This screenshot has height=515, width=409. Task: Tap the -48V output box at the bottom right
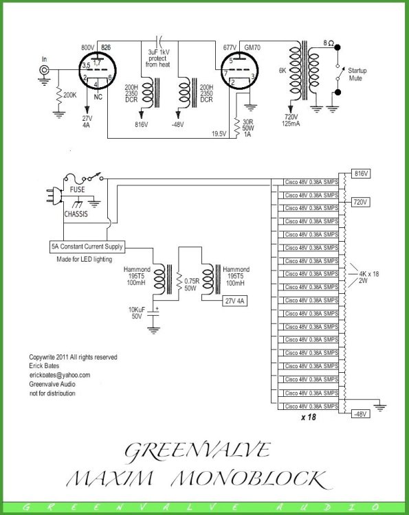[x=361, y=413]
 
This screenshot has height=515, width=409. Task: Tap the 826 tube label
[x=105, y=47]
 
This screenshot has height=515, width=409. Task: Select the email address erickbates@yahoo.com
[x=59, y=375]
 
